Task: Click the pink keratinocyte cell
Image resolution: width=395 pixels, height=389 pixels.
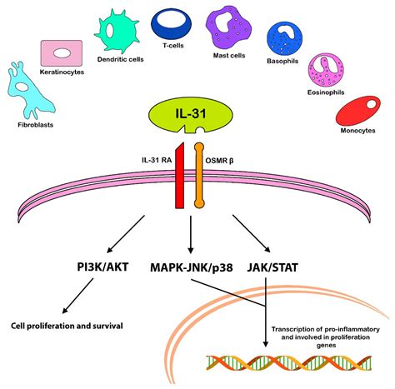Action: point(61,52)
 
